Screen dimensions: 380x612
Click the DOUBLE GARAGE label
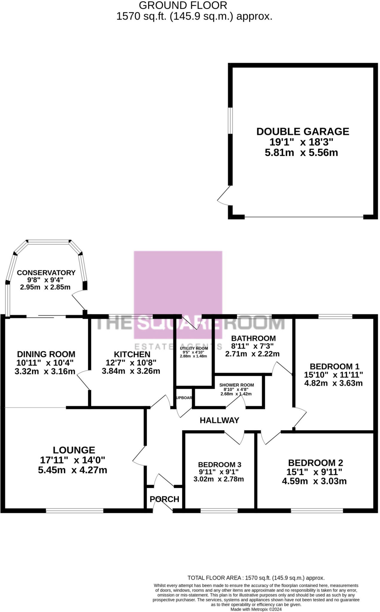(x=303, y=131)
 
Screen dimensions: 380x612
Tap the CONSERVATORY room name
(x=46, y=273)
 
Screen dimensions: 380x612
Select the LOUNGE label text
(x=74, y=450)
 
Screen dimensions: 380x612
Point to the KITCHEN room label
(x=132, y=354)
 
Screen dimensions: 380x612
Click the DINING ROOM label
(x=46, y=354)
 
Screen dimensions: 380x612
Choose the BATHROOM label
(x=253, y=338)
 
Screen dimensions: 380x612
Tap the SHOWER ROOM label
(x=236, y=385)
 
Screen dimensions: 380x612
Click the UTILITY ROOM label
(x=194, y=348)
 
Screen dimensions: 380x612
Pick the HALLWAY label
(x=219, y=420)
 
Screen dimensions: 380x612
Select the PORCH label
(x=164, y=499)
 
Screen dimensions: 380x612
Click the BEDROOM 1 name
(x=334, y=366)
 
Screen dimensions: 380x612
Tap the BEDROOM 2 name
(x=315, y=463)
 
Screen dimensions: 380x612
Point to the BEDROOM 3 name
(x=219, y=465)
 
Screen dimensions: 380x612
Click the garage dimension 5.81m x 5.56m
(x=301, y=153)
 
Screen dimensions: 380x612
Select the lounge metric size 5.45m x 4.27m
(x=72, y=470)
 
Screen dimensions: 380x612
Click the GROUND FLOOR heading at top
(x=183, y=5)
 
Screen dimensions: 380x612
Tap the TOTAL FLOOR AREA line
(x=256, y=578)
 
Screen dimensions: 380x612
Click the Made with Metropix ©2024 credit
(x=256, y=609)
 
